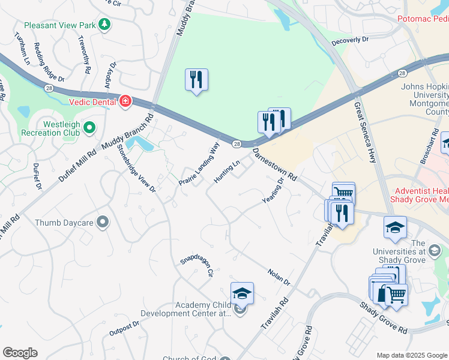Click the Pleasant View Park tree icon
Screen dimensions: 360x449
click(x=105, y=25)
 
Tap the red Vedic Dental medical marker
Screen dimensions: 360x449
click(x=125, y=101)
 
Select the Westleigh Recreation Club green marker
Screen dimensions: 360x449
click(x=89, y=127)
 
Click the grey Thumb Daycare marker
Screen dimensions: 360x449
click(x=103, y=223)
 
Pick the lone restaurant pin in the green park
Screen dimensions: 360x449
click(x=196, y=80)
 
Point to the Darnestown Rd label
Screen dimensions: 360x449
click(x=276, y=165)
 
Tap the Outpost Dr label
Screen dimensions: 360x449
click(x=124, y=328)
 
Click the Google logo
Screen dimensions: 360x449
click(x=20, y=353)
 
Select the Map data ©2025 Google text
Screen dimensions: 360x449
click(x=411, y=355)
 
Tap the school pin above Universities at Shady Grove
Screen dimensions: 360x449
click(x=395, y=228)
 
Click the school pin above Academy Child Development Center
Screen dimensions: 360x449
click(x=242, y=293)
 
